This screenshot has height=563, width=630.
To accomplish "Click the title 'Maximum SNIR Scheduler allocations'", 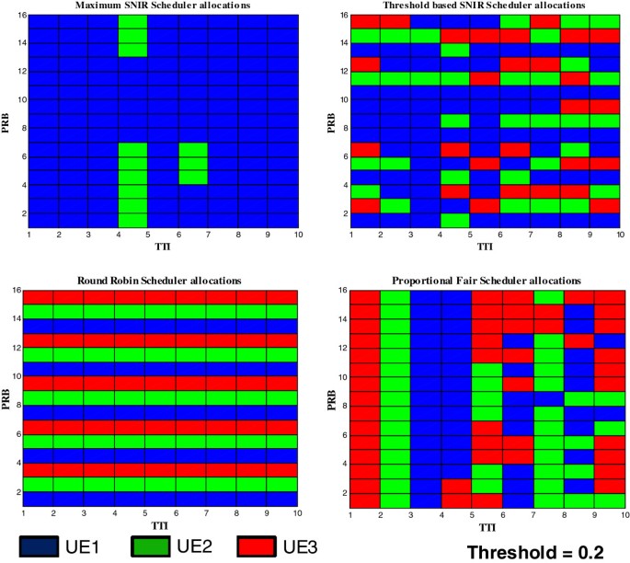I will pyautogui.click(x=161, y=6).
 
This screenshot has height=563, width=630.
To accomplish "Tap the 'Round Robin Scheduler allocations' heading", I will pyautogui.click(x=161, y=279).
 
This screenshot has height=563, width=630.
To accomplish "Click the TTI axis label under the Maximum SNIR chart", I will pyautogui.click(x=162, y=247).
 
